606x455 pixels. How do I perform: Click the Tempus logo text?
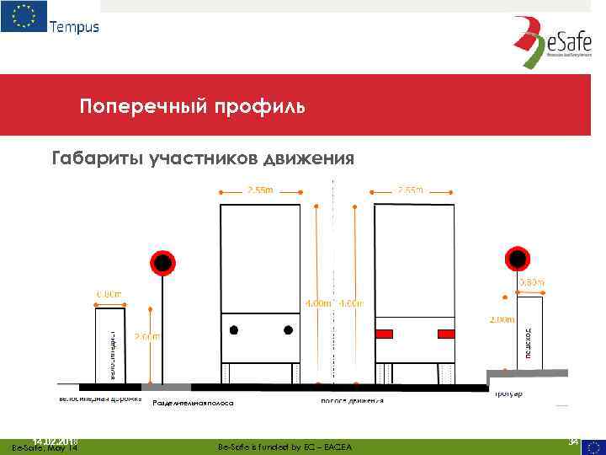point(74,26)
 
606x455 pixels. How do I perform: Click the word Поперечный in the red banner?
point(132,108)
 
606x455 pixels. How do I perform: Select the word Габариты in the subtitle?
point(88,158)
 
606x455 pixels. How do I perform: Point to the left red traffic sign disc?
point(161,264)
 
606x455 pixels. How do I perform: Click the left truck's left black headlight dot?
point(235,329)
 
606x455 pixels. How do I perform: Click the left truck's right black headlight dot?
point(288,329)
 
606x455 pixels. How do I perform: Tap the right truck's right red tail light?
point(446,334)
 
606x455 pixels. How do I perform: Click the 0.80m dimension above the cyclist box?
point(109,294)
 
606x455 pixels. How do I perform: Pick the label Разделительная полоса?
point(193,404)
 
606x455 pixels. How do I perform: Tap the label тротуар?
point(509,393)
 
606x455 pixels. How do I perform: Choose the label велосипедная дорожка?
point(99,397)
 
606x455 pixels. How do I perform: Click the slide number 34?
point(573,441)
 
